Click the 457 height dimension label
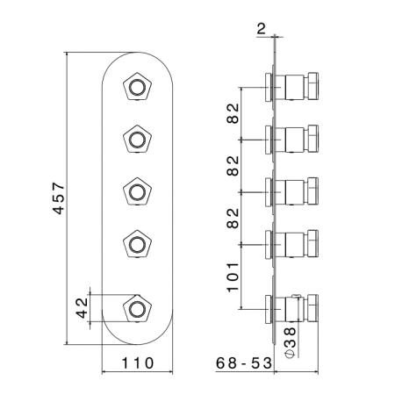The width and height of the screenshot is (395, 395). click(x=58, y=198)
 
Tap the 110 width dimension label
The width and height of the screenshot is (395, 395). click(x=137, y=363)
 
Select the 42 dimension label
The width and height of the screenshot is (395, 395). click(x=82, y=308)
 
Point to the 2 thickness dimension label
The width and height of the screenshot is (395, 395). click(x=261, y=29)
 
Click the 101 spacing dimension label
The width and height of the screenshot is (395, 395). click(x=233, y=277)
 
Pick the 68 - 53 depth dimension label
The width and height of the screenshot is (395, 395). click(x=244, y=363)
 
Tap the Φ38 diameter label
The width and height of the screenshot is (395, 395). click(x=290, y=342)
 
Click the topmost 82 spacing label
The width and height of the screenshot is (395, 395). click(x=233, y=113)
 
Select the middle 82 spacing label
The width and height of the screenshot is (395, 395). click(x=233, y=166)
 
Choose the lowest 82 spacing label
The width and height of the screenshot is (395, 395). click(x=233, y=219)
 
